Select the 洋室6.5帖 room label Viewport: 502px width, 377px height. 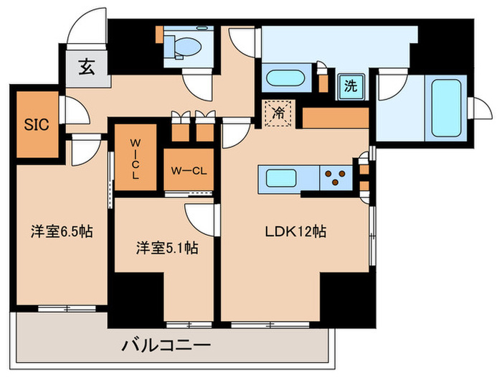pos(60,231)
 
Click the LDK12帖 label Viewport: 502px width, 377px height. pos(296,232)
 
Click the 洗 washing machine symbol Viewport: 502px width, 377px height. pos(350,86)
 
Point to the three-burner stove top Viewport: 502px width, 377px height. pos(333,177)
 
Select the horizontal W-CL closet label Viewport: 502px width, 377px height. pos(189,170)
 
